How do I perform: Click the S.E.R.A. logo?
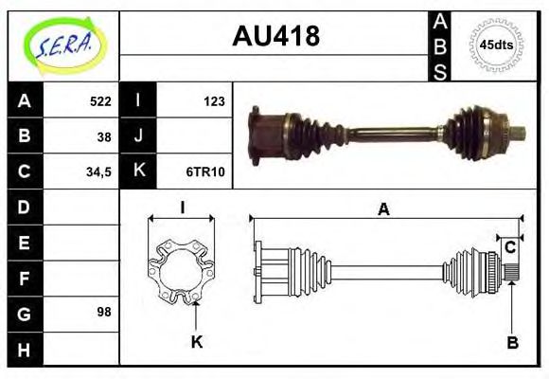pos(63,45)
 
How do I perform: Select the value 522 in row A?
pos(99,101)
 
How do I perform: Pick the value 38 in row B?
pos(103,136)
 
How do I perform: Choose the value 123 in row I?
pos(212,101)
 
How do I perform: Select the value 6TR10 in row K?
pos(204,171)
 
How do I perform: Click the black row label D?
pos(25,207)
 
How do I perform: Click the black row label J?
pos(138,136)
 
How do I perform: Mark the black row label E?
pos(25,242)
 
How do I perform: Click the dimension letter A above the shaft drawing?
pos(383,209)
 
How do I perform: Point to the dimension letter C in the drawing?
pos(509,248)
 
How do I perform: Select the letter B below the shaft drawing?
pos(512,342)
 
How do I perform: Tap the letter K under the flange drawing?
pos(197,342)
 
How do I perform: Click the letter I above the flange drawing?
pos(182,208)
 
